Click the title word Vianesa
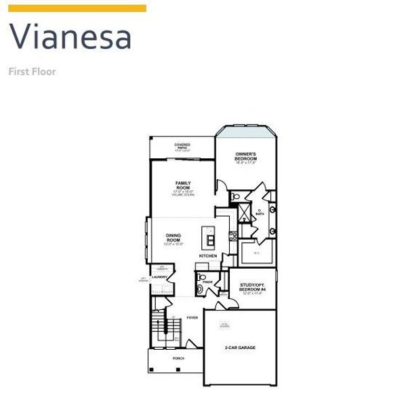70,37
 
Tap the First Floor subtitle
32,70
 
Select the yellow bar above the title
77,8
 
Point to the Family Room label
183,185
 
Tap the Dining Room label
174,239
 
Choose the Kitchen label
208,256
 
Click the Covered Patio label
182,146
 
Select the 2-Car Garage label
240,348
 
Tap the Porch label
178,358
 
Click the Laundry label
160,277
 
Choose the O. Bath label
260,211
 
